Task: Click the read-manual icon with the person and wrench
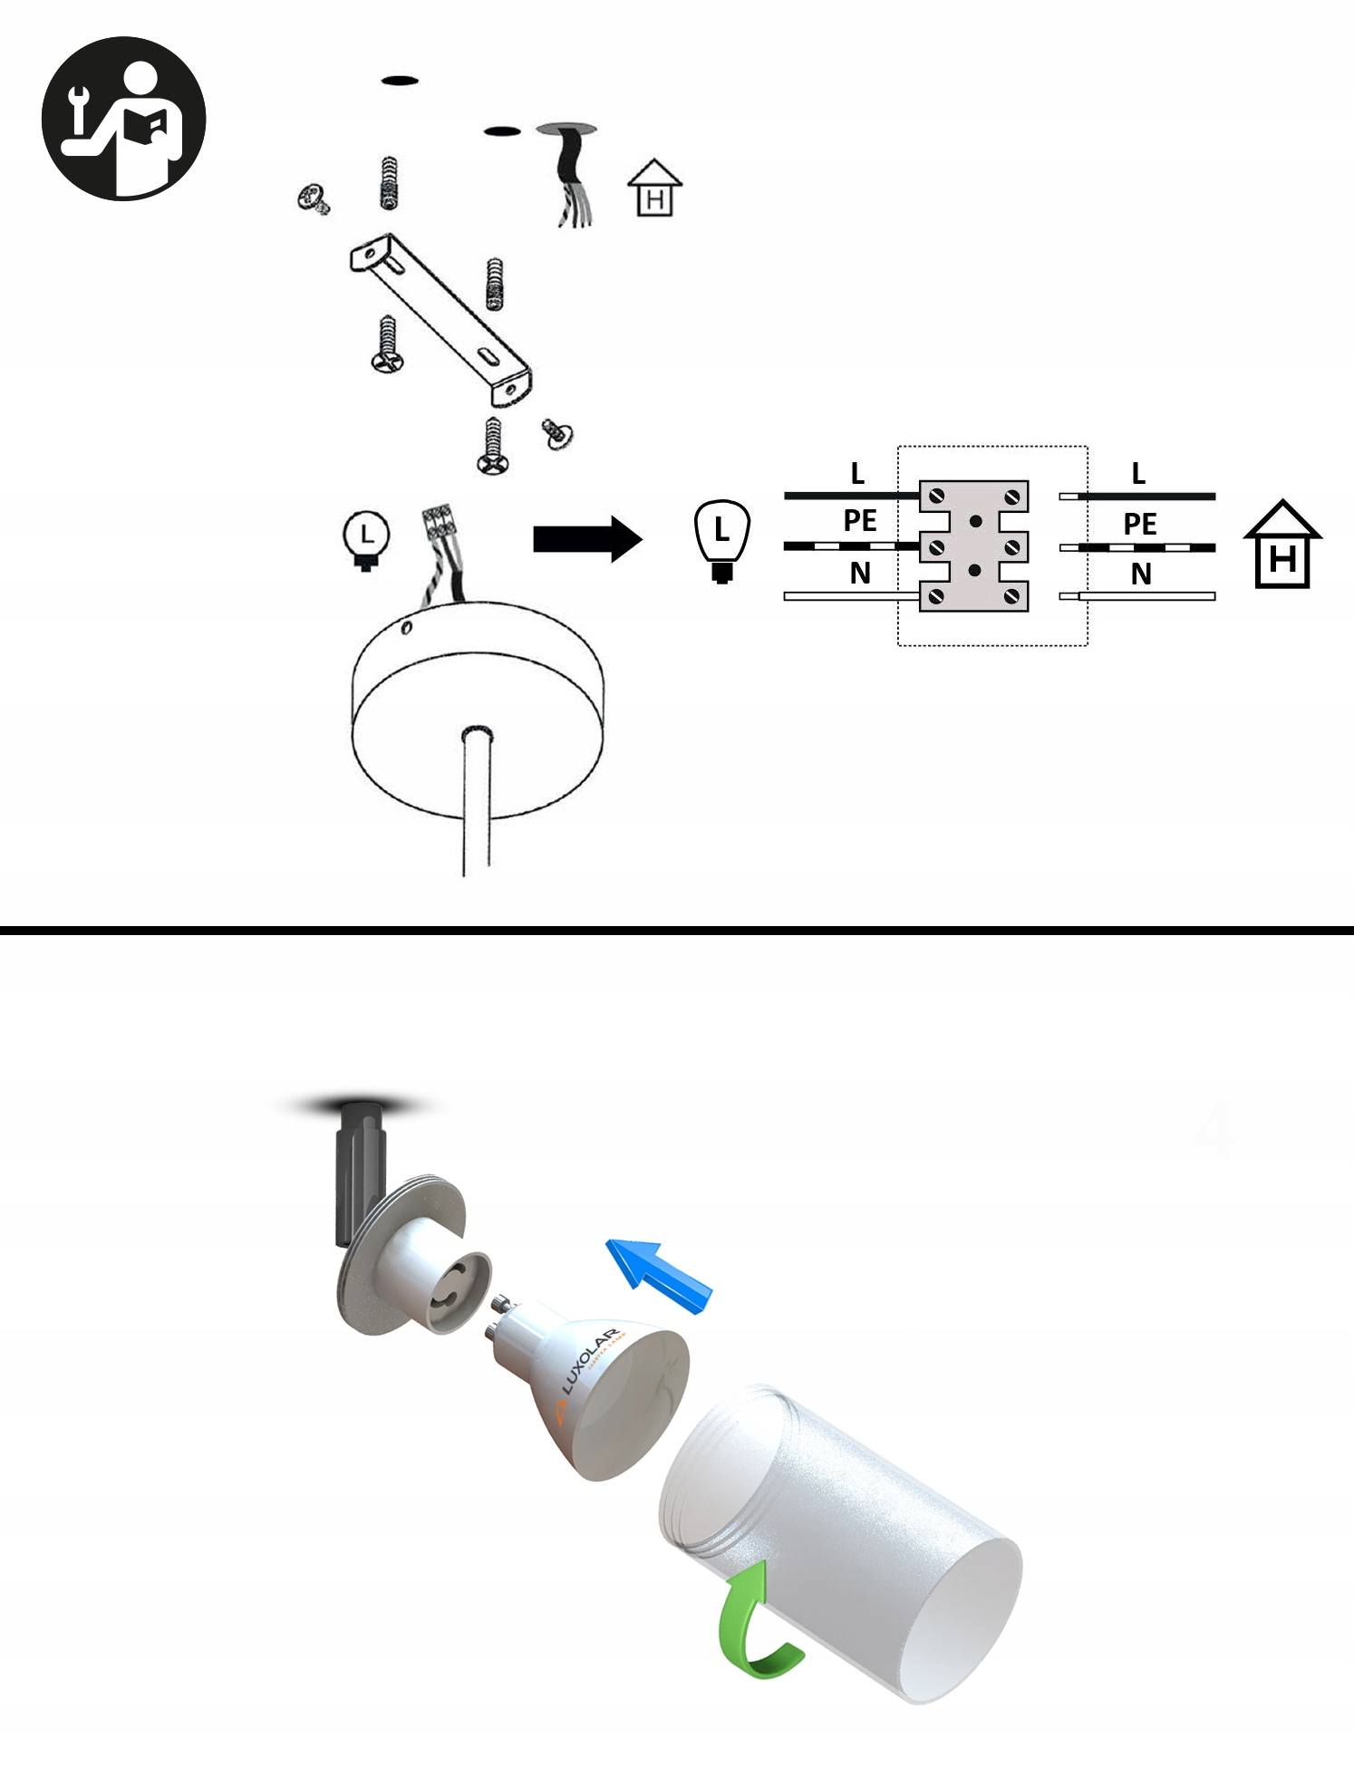(124, 119)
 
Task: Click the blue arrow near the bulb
(659, 1275)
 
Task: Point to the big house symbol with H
(1282, 545)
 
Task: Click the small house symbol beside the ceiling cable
(654, 188)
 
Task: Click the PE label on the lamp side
(859, 521)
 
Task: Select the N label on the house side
(1141, 574)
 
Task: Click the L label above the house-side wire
(1138, 473)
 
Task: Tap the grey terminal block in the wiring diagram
(974, 546)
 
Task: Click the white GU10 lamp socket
(426, 1269)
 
